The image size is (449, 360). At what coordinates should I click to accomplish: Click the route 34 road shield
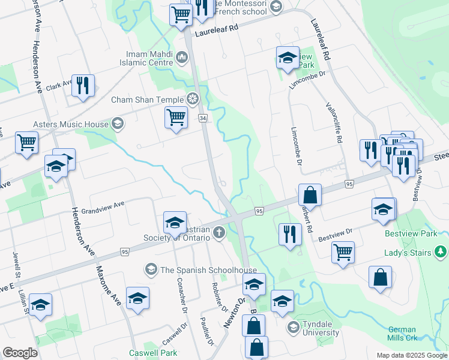pyautogui.click(x=203, y=119)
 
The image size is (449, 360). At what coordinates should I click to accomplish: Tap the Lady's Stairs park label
pyautogui.click(x=408, y=253)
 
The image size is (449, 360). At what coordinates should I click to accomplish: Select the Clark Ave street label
pyautogui.click(x=59, y=84)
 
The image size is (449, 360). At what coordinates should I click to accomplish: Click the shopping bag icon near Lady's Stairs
pyautogui.click(x=381, y=278)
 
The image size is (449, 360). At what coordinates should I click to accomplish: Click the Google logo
pyautogui.click(x=20, y=353)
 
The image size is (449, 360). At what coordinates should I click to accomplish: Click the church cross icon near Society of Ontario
pyautogui.click(x=219, y=232)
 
